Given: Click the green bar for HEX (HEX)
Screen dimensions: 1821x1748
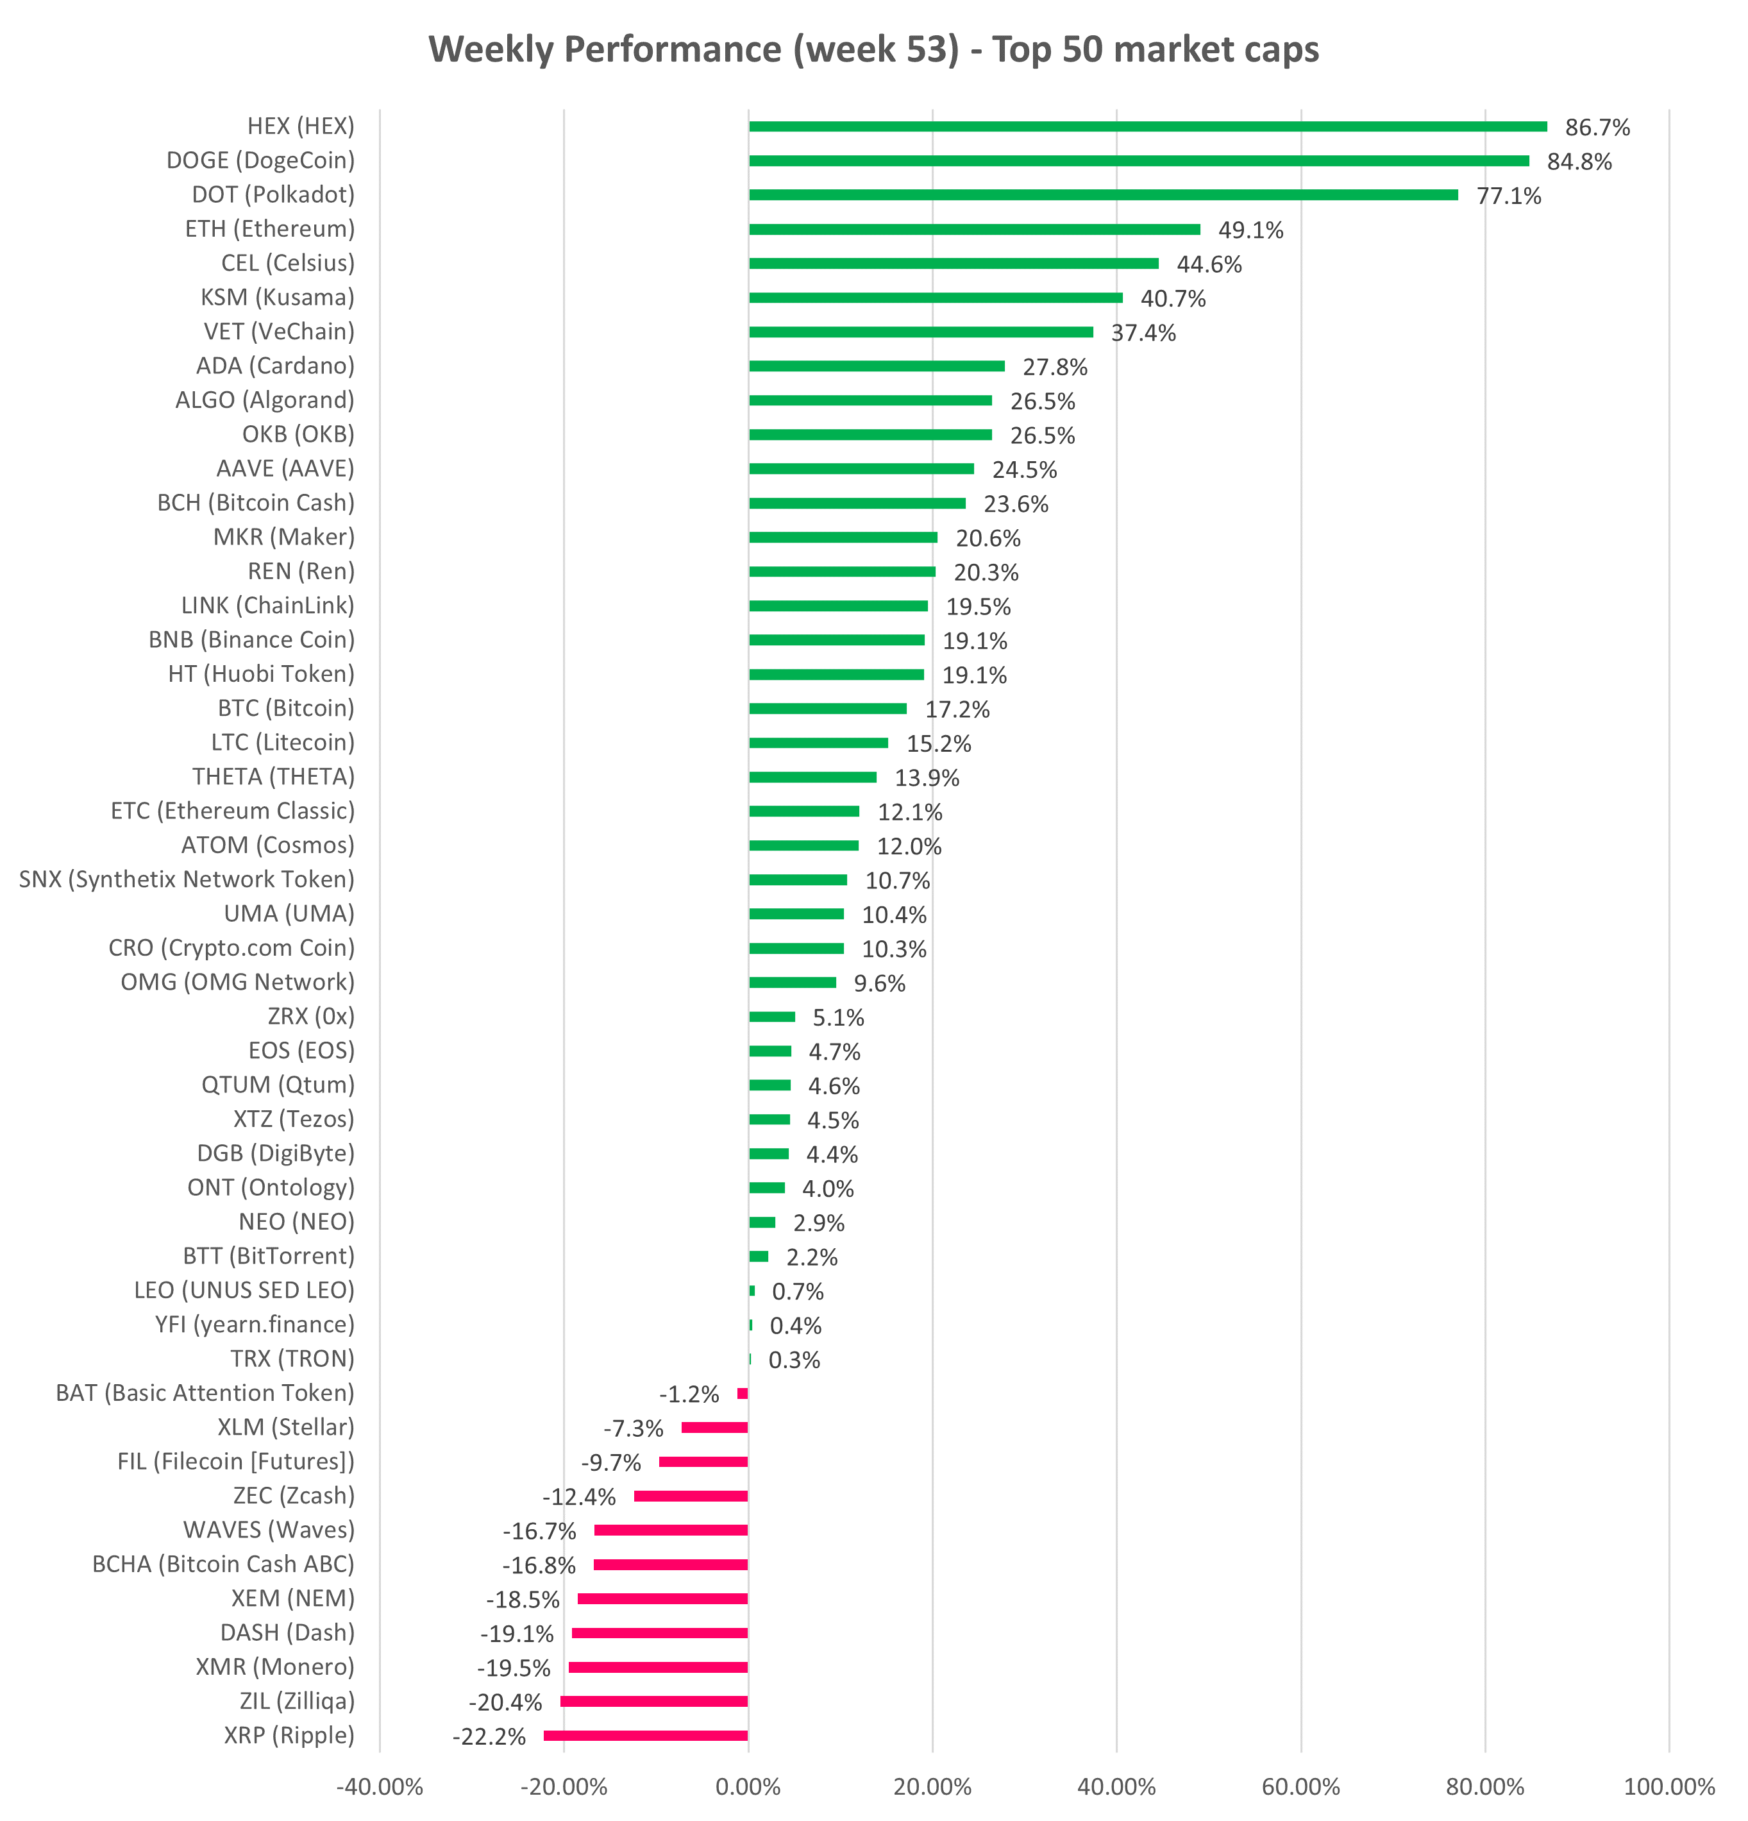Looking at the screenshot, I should click(1147, 126).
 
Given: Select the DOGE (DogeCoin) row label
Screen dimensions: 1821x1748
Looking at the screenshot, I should click(260, 161).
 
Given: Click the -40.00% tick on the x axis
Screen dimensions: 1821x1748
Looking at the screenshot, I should click(379, 1786).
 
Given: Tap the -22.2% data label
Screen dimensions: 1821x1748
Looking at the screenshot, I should click(489, 1736).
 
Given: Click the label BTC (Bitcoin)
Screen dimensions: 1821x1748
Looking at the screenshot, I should click(286, 709).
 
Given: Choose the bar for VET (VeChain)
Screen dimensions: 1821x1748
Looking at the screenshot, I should click(920, 332).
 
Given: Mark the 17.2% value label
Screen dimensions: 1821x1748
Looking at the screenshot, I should click(957, 710).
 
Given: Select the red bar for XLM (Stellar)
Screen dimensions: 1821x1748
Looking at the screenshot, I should click(714, 1428).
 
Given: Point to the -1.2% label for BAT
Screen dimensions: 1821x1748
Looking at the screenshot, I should click(689, 1394).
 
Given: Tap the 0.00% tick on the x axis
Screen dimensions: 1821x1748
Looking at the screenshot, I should click(748, 1786).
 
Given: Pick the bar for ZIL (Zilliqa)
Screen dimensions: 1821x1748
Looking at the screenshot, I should click(654, 1701).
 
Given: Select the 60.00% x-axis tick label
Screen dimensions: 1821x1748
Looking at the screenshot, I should click(1300, 1786).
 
